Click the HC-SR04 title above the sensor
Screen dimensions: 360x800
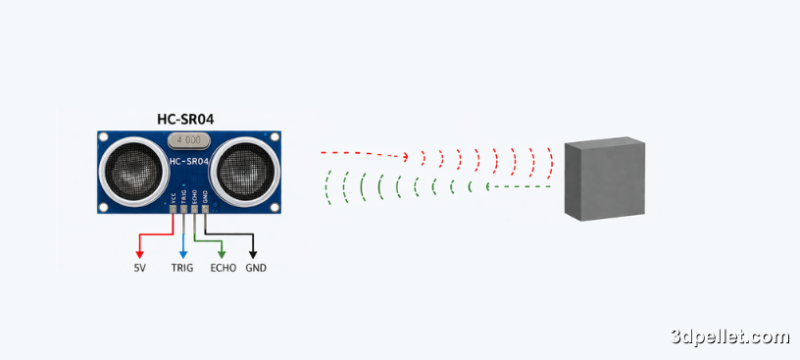185,119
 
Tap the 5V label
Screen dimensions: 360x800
140,267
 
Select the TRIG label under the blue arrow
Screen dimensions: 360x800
182,267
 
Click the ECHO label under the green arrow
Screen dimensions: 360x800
224,267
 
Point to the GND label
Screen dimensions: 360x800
256,267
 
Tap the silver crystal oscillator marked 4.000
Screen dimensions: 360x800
189,141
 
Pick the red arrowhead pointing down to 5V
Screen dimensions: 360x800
140,253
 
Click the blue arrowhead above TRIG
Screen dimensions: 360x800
182,253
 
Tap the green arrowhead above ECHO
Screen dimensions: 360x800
223,253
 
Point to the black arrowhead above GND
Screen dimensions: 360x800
254,253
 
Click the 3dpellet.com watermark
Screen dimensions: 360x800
730,337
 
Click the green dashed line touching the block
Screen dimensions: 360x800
529,186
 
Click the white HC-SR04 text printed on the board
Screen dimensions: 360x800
188,161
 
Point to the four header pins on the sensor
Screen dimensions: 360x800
188,207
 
